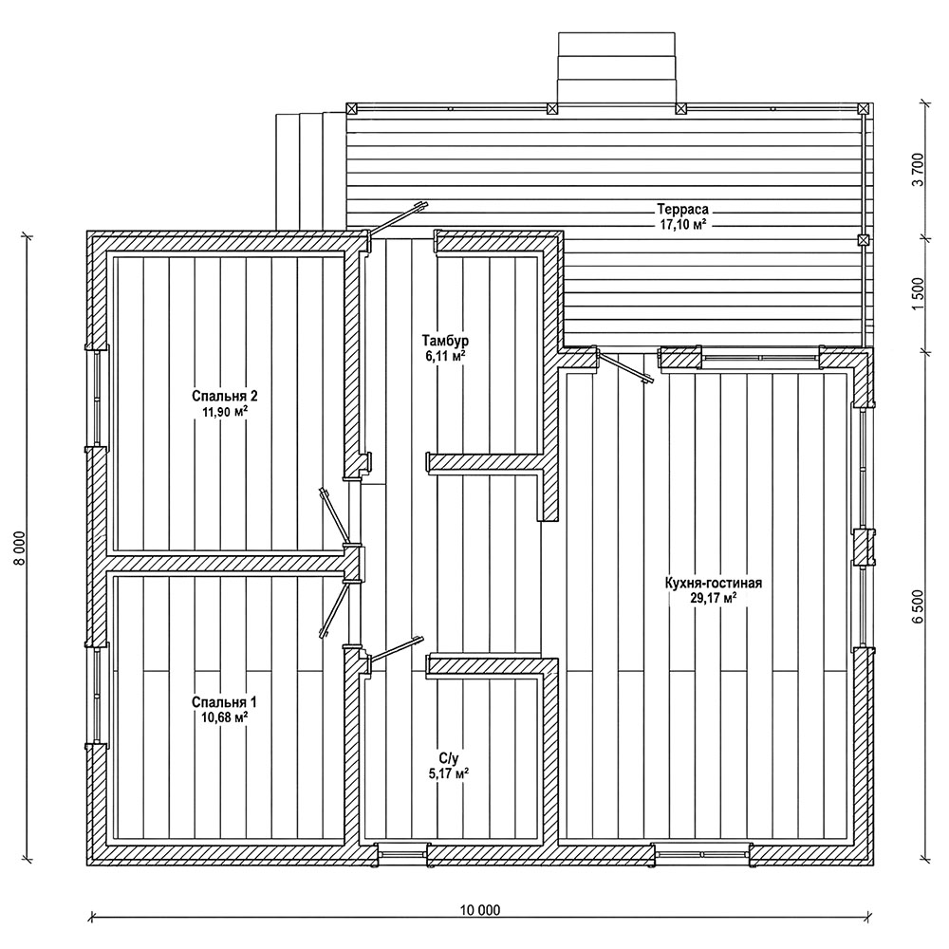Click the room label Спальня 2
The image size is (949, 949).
point(225,396)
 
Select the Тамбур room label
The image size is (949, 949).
point(445,339)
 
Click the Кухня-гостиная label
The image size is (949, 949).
point(715,584)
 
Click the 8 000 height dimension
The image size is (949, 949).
point(17,548)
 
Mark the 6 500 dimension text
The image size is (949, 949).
point(918,606)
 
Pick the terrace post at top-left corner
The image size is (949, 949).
point(351,109)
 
